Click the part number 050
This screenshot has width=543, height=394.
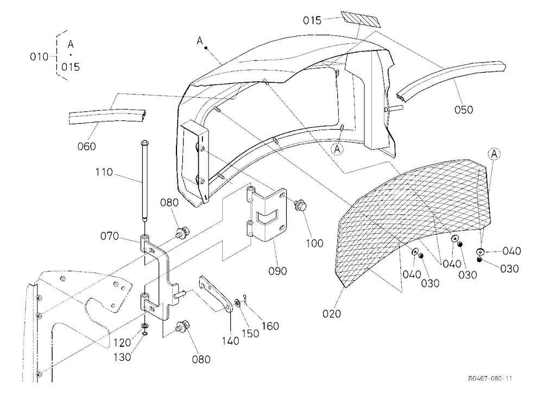pyautogui.click(x=464, y=110)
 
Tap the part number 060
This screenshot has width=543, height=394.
pyautogui.click(x=86, y=147)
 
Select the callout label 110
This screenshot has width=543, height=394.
pyautogui.click(x=104, y=172)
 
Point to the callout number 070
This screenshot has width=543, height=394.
pyautogui.click(x=110, y=237)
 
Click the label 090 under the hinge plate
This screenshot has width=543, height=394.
pyautogui.click(x=277, y=271)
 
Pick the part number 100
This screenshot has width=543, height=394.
pyautogui.click(x=314, y=243)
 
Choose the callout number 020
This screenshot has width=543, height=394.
pyautogui.click(x=332, y=314)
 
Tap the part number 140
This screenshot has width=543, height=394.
pyautogui.click(x=231, y=341)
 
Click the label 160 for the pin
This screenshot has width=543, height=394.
pyautogui.click(x=270, y=326)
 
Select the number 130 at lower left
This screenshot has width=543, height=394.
pyautogui.click(x=122, y=357)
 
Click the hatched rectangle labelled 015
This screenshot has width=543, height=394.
pyautogui.click(x=361, y=20)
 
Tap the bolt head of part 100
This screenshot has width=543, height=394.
pyautogui.click(x=300, y=205)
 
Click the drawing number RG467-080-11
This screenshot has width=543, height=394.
pyautogui.click(x=490, y=378)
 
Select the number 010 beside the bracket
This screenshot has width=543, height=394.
pyautogui.click(x=39, y=57)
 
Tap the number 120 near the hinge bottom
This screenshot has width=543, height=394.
pyautogui.click(x=122, y=343)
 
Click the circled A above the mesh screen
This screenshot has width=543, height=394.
pyautogui.click(x=494, y=154)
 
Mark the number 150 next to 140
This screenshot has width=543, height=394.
pyautogui.click(x=250, y=334)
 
